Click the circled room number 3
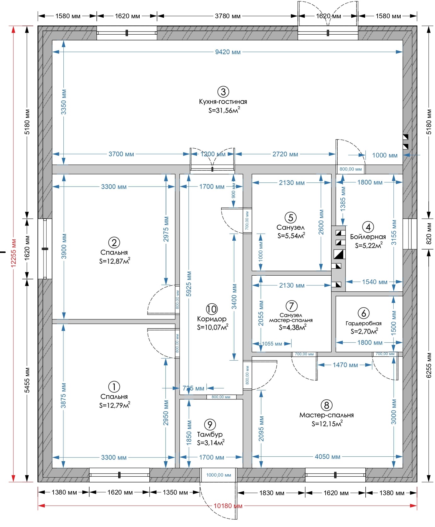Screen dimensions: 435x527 click(223, 92)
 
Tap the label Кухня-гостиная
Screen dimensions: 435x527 click(223, 102)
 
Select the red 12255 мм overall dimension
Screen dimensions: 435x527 click(14, 253)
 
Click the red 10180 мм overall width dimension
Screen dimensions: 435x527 click(228, 506)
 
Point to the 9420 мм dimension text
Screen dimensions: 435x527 click(228, 52)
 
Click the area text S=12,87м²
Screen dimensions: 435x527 click(114, 261)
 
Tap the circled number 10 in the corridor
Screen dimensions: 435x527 click(212, 309)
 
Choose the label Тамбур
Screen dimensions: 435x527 click(210, 434)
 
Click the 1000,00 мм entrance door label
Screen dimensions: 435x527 click(219, 475)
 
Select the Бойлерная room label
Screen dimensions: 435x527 click(368, 237)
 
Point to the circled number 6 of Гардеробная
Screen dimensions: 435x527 click(364, 313)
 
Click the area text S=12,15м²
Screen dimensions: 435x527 click(327, 424)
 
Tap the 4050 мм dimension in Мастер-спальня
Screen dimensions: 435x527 click(328, 457)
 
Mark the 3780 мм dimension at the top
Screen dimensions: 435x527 click(228, 16)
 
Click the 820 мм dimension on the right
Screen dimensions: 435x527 click(429, 234)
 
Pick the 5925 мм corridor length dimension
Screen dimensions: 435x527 click(188, 284)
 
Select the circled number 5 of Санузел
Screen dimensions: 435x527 click(291, 218)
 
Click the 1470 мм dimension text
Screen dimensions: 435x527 click(345, 365)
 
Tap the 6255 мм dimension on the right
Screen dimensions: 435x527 click(429, 365)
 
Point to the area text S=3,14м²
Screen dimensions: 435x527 click(211, 443)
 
